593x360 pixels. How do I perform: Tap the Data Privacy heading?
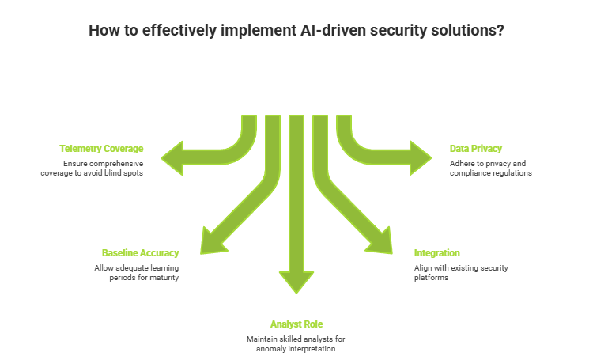coord(475,148)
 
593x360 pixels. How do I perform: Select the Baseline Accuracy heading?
coord(140,253)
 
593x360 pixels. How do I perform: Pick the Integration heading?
coord(437,253)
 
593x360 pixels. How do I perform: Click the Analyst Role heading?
coord(296,324)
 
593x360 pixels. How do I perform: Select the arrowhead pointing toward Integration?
coord(380,240)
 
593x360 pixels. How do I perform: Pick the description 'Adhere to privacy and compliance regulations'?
coord(490,168)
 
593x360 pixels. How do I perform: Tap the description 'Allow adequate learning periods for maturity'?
coord(136,273)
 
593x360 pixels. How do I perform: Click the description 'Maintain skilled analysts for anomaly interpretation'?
coord(296,344)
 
